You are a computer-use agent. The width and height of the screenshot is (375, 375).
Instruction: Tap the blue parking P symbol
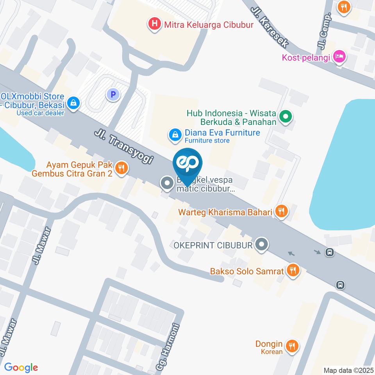113,94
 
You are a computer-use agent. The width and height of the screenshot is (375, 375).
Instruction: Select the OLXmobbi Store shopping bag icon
73,103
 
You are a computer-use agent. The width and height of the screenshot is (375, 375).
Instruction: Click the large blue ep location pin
188,164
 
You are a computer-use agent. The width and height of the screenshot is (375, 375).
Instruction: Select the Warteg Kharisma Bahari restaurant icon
281,212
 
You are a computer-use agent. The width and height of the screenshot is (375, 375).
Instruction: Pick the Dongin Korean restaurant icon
291,346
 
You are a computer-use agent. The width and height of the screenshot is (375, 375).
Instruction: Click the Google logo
21,367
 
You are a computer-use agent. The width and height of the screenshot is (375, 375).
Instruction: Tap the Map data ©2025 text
348,370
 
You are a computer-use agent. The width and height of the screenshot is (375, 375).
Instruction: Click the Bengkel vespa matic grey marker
167,183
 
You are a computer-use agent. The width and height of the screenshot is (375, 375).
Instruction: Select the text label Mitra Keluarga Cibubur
209,25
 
